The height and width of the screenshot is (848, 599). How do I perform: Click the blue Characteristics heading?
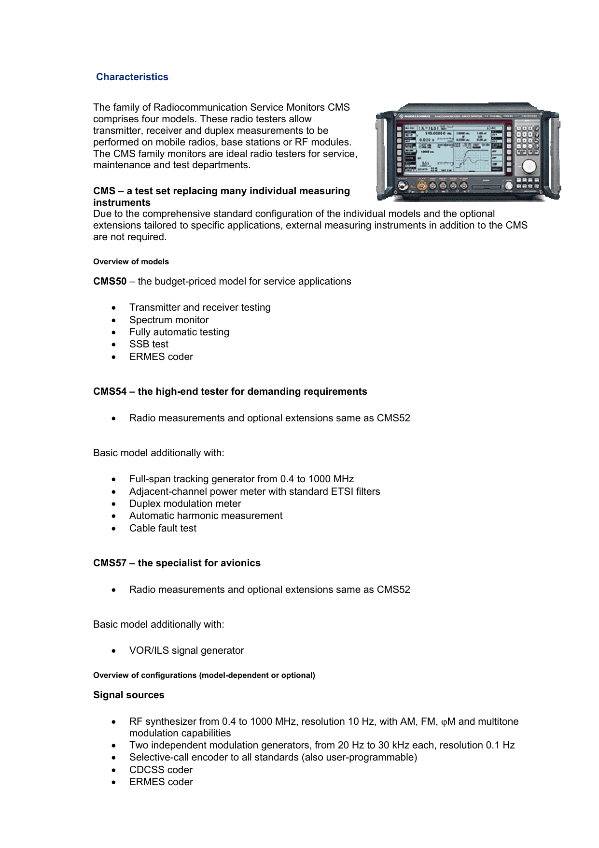132,77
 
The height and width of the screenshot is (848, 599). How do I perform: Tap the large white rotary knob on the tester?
529,166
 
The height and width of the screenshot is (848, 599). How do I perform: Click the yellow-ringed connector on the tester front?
422,185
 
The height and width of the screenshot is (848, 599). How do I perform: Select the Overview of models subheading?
131,261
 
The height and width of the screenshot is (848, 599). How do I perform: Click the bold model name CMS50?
110,281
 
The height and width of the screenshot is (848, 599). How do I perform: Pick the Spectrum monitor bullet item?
169,320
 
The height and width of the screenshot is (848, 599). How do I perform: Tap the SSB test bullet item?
149,344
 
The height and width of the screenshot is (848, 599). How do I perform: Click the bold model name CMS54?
110,391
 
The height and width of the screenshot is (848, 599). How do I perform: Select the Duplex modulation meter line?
185,503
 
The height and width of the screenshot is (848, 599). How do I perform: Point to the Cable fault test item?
163,528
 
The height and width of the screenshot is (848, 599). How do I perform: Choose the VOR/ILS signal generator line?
186,650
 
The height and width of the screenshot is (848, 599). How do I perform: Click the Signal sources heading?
129,695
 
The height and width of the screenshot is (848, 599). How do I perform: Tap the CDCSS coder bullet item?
161,770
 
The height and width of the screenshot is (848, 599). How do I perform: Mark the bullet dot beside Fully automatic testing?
114,332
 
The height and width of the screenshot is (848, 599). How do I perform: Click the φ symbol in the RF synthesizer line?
444,722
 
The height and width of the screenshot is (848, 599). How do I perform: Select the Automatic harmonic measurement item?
206,516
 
